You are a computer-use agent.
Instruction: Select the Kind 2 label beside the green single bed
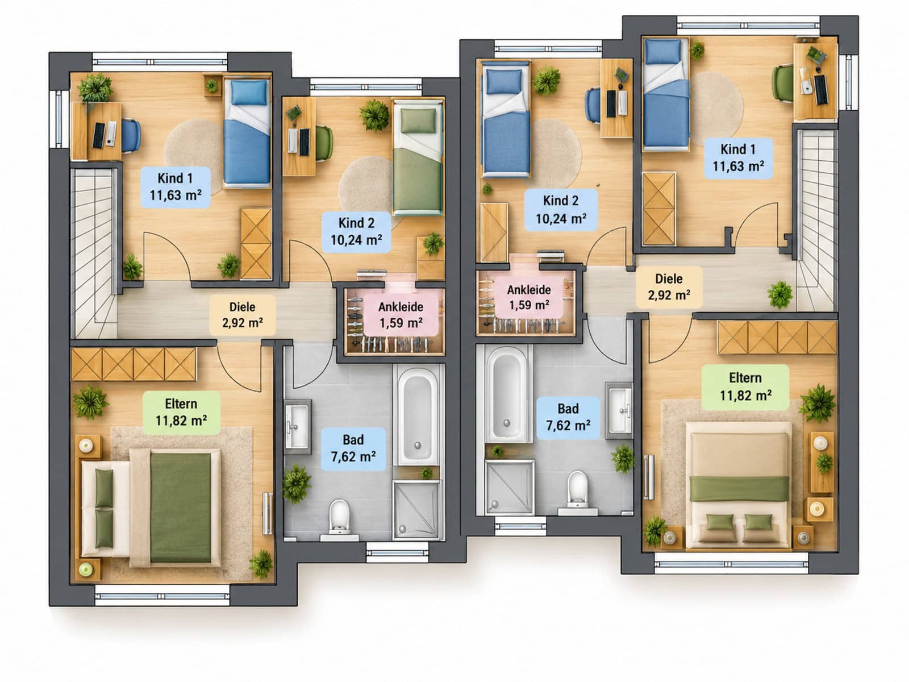356,231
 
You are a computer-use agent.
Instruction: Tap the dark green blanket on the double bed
180,508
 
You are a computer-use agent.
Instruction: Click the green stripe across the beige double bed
739,488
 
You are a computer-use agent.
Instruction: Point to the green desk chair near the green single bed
324,143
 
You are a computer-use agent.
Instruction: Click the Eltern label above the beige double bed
745,387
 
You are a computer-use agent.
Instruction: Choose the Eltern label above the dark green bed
181,413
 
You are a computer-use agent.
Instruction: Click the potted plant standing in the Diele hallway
780,295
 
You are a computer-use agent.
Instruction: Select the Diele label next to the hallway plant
669,287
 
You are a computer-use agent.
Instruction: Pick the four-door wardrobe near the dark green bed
134,364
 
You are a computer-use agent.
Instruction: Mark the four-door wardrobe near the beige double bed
777,336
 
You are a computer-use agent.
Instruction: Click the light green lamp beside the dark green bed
86,570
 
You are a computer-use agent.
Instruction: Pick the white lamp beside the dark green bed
86,446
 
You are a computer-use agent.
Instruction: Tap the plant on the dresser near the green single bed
433,243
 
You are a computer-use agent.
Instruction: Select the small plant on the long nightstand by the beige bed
824,463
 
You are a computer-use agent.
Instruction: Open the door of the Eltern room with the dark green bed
239,367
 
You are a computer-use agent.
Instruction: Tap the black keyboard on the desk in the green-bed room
305,142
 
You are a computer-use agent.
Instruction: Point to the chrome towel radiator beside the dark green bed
268,513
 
